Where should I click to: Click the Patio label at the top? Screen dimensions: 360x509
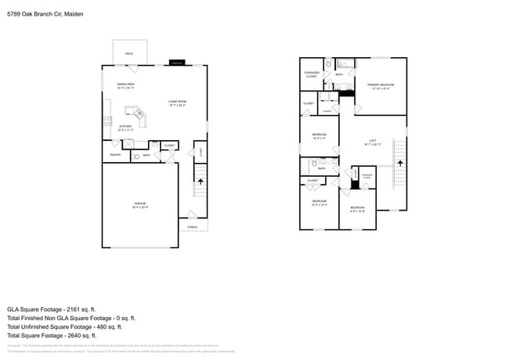tap(129, 53)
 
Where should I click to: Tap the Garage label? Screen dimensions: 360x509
tap(139, 205)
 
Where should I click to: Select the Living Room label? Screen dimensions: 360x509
tap(177, 103)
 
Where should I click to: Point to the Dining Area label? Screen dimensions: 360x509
tap(126, 86)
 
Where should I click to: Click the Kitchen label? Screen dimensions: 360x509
tap(125, 128)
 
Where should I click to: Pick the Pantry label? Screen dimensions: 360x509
tap(115, 155)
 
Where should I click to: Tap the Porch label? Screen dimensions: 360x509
tap(193, 227)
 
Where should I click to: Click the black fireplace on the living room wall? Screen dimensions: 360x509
tap(178, 62)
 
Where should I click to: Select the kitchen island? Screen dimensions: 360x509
tap(138, 115)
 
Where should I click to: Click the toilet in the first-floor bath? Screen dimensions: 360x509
tap(137, 157)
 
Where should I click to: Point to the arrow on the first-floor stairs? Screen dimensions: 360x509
tap(200, 181)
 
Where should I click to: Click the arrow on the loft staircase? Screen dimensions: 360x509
tap(400, 163)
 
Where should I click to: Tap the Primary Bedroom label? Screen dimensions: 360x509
tap(381, 86)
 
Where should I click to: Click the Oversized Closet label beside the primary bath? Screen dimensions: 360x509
tap(312, 75)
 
